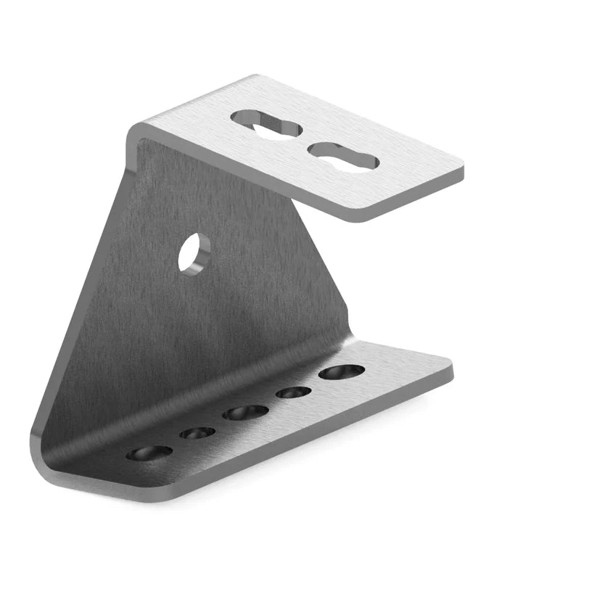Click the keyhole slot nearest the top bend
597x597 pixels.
265,124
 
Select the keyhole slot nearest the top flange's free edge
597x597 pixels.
343,156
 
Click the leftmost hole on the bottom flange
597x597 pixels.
149,453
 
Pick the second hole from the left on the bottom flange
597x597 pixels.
197,433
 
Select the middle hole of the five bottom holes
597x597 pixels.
245,413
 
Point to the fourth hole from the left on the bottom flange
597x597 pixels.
294,392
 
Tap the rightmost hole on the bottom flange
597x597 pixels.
342,372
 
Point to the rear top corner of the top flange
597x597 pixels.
253,78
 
